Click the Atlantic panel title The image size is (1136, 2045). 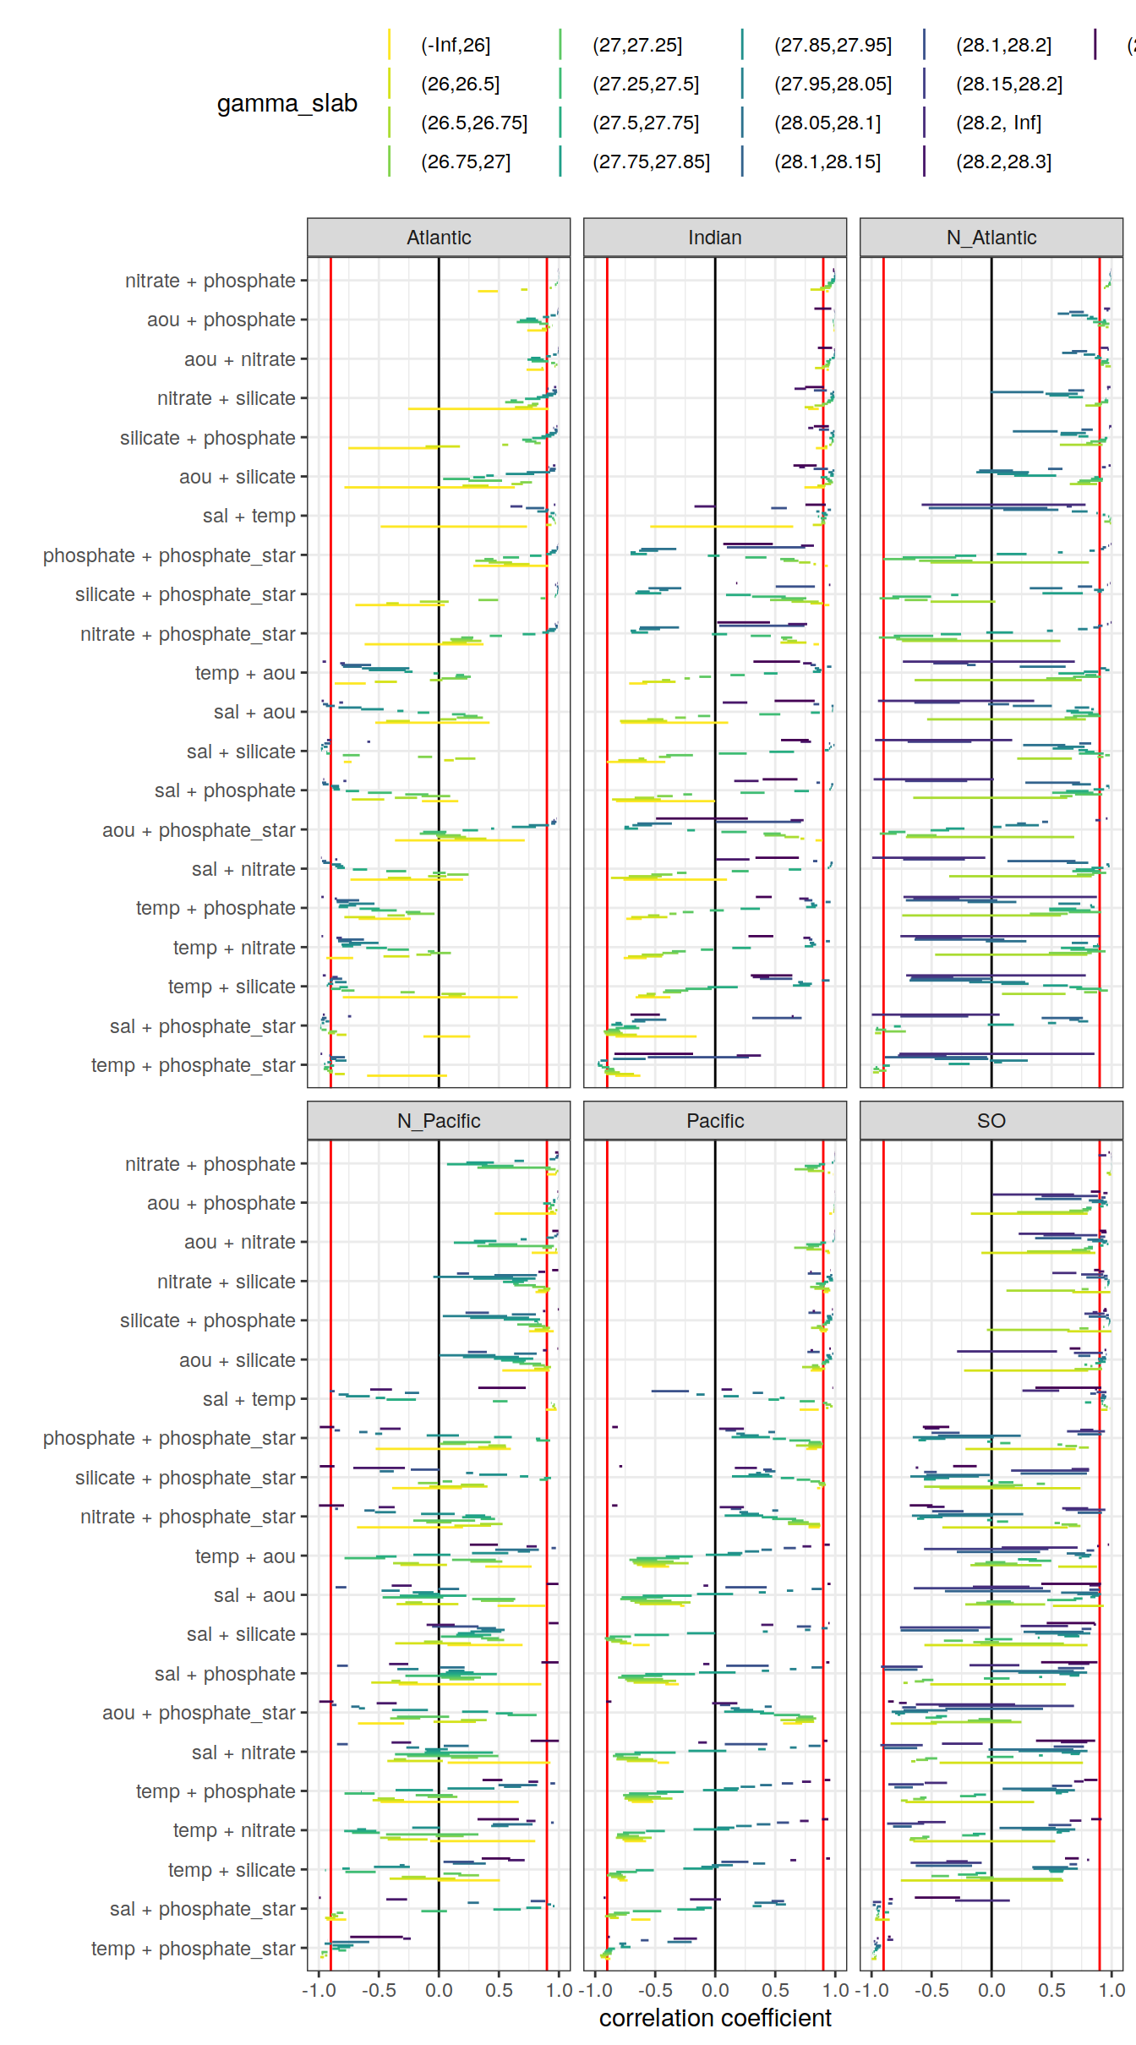439,238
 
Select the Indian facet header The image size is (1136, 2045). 714,238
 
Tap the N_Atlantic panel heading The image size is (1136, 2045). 991,238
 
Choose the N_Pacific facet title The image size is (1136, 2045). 439,1121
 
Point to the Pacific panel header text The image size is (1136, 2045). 714,1121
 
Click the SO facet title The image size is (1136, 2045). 991,1121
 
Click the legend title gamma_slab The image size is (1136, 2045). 287,103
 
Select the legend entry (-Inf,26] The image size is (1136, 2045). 456,45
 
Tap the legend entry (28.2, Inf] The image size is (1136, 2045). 998,123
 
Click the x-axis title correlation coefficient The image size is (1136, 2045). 714,2019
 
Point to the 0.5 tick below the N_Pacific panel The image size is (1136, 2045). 499,1991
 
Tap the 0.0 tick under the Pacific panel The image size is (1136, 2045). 714,1991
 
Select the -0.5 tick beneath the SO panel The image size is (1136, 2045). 931,1991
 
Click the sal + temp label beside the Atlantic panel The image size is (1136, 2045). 248,516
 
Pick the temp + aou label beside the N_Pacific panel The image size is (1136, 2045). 245,1556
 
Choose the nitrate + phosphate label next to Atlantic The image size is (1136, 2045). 210,281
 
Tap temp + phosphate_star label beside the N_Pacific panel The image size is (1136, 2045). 193,1949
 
